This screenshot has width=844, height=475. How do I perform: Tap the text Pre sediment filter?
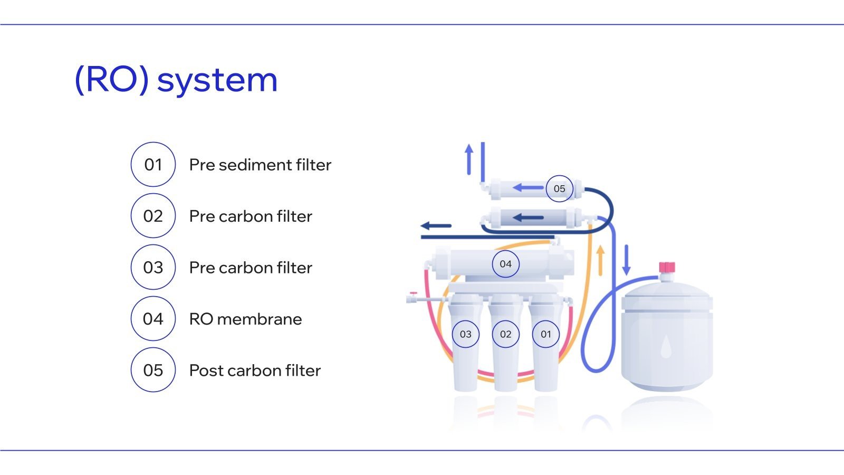(x=260, y=165)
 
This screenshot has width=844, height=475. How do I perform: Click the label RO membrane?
(x=245, y=319)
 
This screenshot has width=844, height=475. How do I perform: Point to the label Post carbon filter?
(x=255, y=370)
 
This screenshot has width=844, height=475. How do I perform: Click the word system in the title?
(x=217, y=80)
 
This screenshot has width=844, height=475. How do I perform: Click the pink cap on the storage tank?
(x=667, y=267)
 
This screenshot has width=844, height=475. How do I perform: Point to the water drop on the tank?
(x=666, y=346)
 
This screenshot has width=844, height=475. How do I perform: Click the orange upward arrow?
(x=601, y=261)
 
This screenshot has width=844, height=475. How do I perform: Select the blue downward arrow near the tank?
(x=627, y=260)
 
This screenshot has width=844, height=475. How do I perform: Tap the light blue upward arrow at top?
(x=469, y=159)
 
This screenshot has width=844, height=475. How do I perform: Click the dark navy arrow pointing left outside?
(x=436, y=226)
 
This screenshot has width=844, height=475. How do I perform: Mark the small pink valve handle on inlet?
(x=414, y=293)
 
